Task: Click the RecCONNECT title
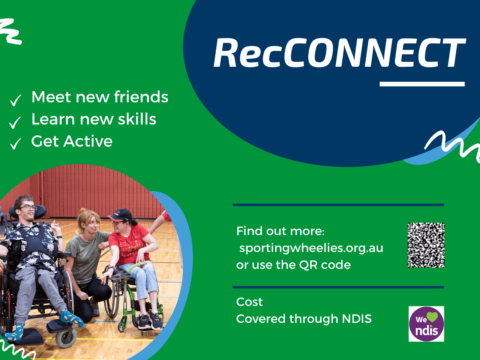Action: coord(339,52)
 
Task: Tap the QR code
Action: coord(426,245)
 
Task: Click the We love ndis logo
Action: coord(426,324)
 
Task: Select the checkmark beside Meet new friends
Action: coord(15,100)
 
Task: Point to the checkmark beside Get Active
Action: coord(15,144)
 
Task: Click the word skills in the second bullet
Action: coord(137,119)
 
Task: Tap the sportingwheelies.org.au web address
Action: coord(311,248)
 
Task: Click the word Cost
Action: coord(249,302)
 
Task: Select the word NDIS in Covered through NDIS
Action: coord(357,318)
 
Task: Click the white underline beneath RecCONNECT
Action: coord(422,84)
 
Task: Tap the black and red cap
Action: coord(120,215)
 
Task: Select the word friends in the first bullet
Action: coord(141,97)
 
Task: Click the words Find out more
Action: coord(280,231)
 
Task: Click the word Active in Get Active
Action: coord(88,141)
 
